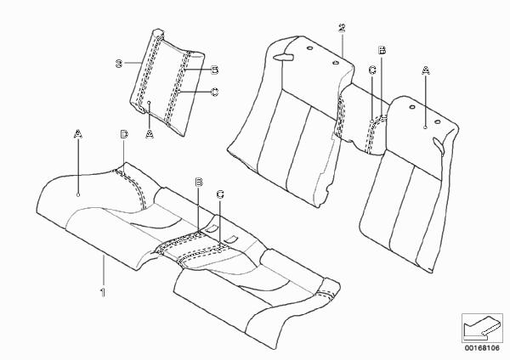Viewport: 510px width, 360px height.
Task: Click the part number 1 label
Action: click(103, 292)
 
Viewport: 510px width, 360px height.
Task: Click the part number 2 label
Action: click(342, 28)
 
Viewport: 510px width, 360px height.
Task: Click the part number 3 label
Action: click(119, 64)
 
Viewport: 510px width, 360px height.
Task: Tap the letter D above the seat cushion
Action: click(124, 134)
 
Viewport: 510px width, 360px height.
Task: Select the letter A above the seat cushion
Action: click(77, 133)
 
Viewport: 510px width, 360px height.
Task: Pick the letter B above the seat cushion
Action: click(199, 183)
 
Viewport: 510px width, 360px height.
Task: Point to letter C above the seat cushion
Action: click(220, 194)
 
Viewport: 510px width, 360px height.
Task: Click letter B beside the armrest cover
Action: click(214, 70)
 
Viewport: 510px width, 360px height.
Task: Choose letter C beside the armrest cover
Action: click(214, 93)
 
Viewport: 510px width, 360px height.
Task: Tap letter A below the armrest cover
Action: click(150, 133)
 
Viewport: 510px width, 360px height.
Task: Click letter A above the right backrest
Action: click(426, 70)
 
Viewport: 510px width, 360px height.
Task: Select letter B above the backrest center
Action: click(382, 50)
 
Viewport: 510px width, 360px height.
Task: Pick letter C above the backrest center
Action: click(372, 70)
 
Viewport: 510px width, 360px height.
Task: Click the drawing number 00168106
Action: click(482, 348)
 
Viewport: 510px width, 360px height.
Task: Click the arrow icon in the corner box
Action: click(481, 327)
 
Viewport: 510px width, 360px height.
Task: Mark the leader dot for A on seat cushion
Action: click(78, 194)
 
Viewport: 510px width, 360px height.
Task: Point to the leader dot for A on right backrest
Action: click(426, 127)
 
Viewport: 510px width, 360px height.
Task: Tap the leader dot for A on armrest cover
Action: click(150, 103)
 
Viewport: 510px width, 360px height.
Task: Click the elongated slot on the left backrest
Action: click(283, 57)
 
